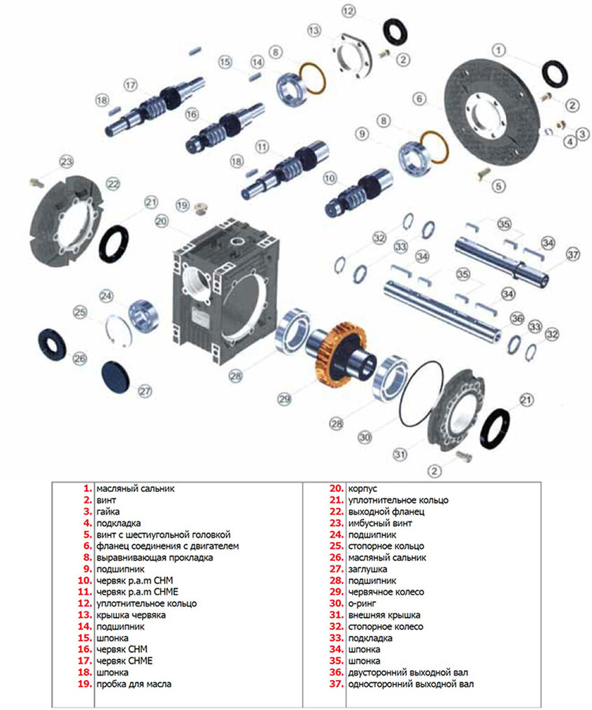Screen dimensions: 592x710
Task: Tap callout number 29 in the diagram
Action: coord(284,399)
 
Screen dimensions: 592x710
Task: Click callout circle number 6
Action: coord(419,99)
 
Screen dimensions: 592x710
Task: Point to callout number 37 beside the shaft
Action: coord(573,254)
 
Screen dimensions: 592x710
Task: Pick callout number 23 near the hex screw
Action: coord(66,161)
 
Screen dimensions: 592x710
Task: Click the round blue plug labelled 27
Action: coord(115,376)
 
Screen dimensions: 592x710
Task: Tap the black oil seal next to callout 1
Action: coord(555,73)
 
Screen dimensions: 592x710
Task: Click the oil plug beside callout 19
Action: coord(201,209)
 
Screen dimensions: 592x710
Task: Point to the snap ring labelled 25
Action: coord(119,330)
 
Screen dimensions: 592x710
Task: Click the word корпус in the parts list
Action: coord(362,488)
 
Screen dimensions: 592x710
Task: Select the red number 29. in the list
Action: coord(337,592)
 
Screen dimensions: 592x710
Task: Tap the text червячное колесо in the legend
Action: coord(386,592)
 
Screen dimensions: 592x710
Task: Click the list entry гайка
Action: coord(108,512)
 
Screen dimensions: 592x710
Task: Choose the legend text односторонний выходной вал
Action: coord(411,683)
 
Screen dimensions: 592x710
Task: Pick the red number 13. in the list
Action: coord(85,615)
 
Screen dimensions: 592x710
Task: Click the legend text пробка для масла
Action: coord(134,683)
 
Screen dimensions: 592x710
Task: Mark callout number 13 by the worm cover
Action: coord(313,30)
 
